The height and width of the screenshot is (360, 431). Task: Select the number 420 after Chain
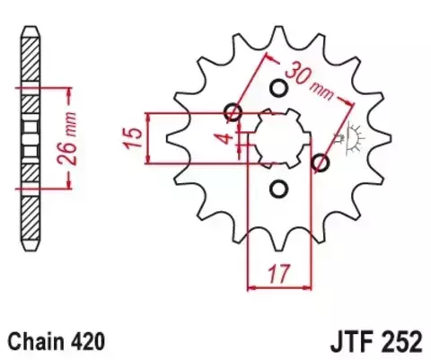[x=90, y=341]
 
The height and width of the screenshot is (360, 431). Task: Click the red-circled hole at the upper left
[x=233, y=112]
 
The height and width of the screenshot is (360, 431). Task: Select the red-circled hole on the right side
[x=321, y=162]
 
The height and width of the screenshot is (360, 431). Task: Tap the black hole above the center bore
[x=277, y=87]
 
